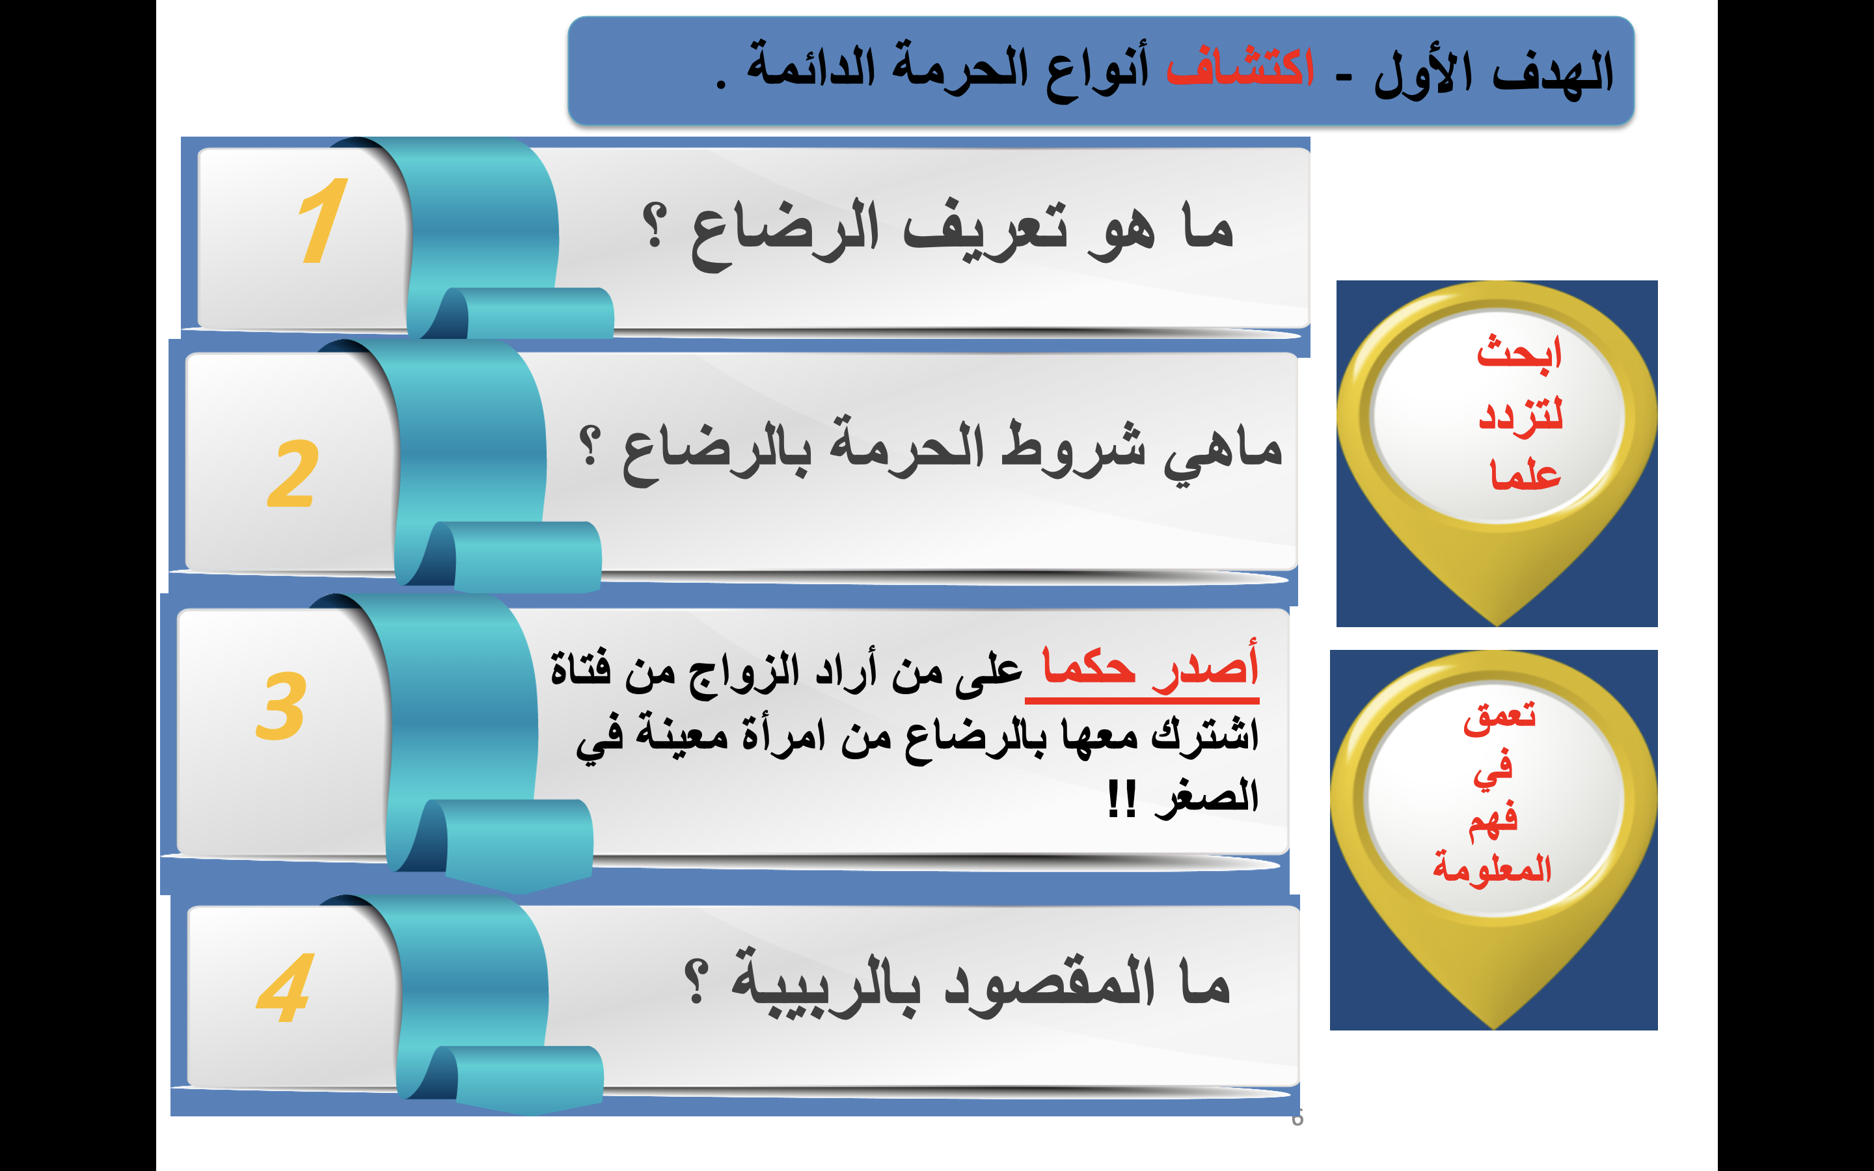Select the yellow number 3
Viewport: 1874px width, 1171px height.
coord(280,706)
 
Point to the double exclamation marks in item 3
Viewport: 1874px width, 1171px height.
coord(1121,798)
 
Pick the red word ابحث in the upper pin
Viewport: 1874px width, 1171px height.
coord(1519,353)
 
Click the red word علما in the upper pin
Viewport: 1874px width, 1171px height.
coord(1525,474)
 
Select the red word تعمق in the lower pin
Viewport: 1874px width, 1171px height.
coord(1499,718)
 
